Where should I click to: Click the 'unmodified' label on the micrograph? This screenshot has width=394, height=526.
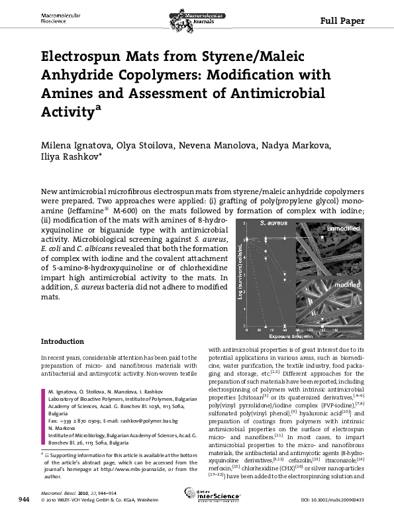tap(342, 229)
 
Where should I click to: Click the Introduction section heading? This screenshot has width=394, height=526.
tap(62, 342)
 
